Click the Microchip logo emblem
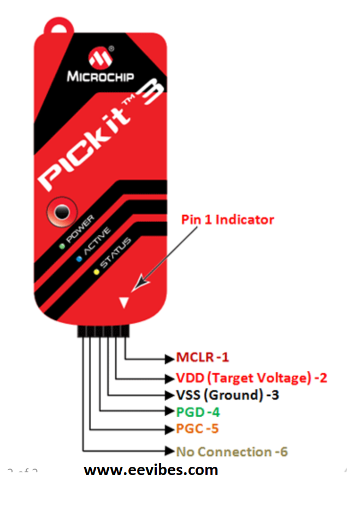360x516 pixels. (x=101, y=57)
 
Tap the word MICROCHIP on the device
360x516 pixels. (x=101, y=76)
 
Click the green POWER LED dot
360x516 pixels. (x=62, y=246)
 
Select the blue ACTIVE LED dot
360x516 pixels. (x=79, y=259)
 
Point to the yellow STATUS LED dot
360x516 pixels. (x=96, y=272)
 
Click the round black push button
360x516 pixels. (x=62, y=212)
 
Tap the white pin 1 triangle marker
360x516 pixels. (x=124, y=303)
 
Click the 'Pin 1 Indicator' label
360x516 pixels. (x=228, y=220)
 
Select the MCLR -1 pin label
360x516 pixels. (x=202, y=357)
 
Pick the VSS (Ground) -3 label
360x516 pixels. (x=228, y=395)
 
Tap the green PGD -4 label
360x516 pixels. (x=198, y=412)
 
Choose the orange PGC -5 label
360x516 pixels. (x=197, y=429)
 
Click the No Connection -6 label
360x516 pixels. (x=232, y=452)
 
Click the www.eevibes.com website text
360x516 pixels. (x=151, y=470)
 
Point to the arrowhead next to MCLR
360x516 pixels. (x=170, y=359)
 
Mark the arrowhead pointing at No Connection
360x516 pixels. (x=170, y=450)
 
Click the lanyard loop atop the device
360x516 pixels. (x=59, y=25)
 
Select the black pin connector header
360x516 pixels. (x=103, y=331)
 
